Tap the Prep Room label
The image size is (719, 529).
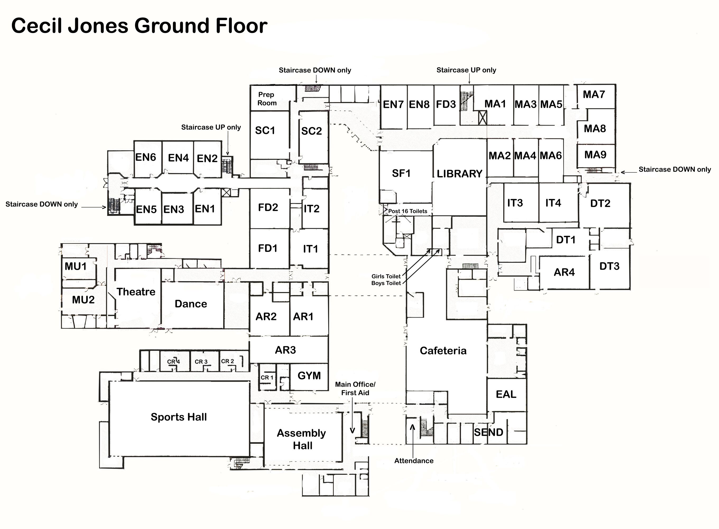267,99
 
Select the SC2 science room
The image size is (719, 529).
311,131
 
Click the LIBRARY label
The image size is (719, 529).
459,174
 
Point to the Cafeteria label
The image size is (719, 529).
443,351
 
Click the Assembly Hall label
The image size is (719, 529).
301,439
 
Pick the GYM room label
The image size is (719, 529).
309,376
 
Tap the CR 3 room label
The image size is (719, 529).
201,362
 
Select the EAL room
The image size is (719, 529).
506,394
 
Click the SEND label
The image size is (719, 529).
488,432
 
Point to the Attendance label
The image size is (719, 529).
414,461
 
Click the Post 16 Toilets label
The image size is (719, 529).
407,211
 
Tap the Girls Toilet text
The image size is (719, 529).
386,276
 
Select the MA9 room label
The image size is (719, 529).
595,155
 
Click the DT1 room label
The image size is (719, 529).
565,240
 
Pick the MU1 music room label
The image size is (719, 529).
76,266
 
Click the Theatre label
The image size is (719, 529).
136,292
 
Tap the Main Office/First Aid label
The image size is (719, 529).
355,389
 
